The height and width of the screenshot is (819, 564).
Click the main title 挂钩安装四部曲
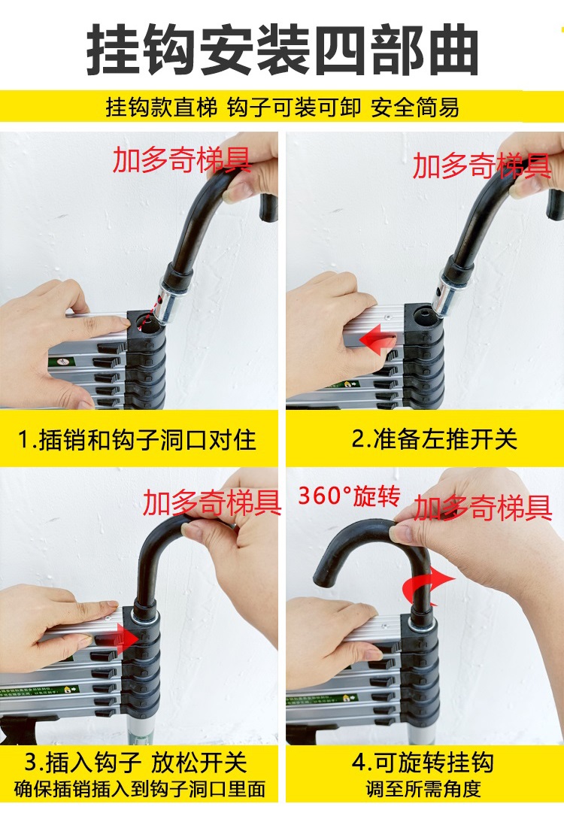coord(282,50)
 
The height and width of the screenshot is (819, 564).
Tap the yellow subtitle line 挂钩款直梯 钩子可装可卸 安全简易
coord(283,108)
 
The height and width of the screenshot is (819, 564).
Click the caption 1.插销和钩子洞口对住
coord(137,440)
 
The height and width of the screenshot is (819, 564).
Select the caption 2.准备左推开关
coord(435,438)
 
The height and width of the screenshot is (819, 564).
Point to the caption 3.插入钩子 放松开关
coord(136,763)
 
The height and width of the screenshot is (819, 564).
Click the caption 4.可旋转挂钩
coord(423,763)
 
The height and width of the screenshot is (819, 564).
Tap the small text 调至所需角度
coord(423,789)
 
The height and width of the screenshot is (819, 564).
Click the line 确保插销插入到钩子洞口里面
coord(139,789)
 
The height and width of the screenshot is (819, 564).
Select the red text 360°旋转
coord(349,496)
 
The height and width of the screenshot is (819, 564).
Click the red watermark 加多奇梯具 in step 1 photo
coord(182,160)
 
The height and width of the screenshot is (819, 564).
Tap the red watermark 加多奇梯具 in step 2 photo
coord(482,166)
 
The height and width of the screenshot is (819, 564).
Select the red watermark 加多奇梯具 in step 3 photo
coord(212,502)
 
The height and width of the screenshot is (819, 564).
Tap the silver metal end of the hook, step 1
coord(171,305)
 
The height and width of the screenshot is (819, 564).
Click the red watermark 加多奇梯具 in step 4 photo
coord(483,508)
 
